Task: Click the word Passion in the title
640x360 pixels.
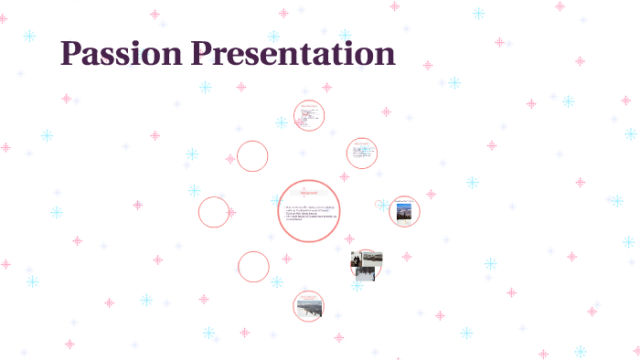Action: pyautogui.click(x=121, y=54)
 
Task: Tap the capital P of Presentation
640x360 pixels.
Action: pyautogui.click(x=200, y=54)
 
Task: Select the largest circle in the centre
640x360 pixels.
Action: pyautogui.click(x=309, y=211)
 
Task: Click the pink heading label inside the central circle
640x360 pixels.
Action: pyautogui.click(x=309, y=193)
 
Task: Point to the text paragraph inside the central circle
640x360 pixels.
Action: pyautogui.click(x=309, y=214)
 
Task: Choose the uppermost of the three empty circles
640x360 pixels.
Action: pyautogui.click(x=252, y=156)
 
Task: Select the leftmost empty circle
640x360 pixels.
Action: pyautogui.click(x=214, y=212)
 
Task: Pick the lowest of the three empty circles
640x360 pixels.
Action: pyautogui.click(x=253, y=267)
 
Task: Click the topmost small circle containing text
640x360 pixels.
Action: pyautogui.click(x=309, y=115)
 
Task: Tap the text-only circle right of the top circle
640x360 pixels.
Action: pyautogui.click(x=362, y=153)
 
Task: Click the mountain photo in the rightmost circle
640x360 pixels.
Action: pyautogui.click(x=403, y=213)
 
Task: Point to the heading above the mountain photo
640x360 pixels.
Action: pyautogui.click(x=403, y=200)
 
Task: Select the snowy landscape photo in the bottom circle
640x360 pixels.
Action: pyautogui.click(x=309, y=309)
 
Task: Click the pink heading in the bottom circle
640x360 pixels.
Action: pyautogui.click(x=309, y=295)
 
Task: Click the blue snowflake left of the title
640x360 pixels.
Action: pyautogui.click(x=29, y=36)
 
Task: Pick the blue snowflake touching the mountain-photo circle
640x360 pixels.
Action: pyautogui.click(x=383, y=206)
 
